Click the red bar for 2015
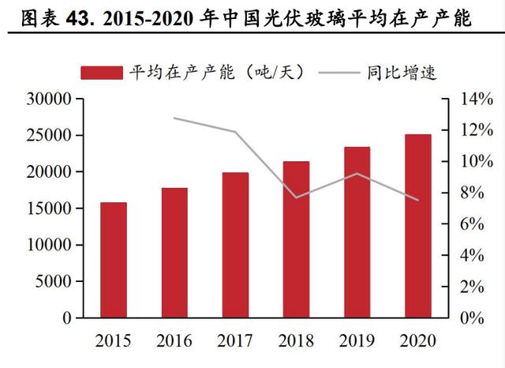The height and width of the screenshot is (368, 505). pos(114,260)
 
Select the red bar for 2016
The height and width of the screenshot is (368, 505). pos(174,253)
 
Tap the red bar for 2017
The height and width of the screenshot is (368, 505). pos(235,245)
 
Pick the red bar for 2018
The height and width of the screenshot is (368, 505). pos(296,239)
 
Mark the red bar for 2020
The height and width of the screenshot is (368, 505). pos(417,226)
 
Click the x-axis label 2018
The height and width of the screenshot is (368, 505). pos(296,340)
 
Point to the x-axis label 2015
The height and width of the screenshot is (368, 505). pos(114,340)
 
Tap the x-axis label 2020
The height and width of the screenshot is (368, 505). pos(417,340)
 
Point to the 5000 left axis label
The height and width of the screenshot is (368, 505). pos(55,281)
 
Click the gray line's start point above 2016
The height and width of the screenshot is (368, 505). pos(174,118)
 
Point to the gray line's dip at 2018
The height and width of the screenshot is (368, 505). pos(296,197)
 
